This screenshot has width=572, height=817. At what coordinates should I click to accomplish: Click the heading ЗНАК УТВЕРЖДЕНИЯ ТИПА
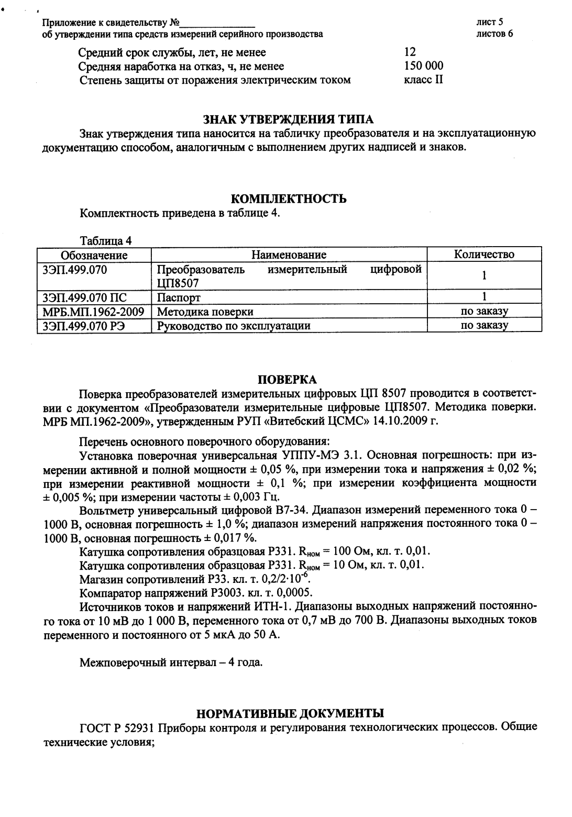click(x=288, y=120)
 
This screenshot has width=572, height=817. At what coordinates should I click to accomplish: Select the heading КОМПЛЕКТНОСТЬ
click(x=289, y=199)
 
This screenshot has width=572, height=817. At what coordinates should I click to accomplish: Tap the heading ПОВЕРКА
click(x=288, y=379)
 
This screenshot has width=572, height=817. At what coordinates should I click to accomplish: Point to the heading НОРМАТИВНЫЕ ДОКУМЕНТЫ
click(x=290, y=713)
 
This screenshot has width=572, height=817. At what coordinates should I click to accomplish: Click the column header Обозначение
click(x=94, y=255)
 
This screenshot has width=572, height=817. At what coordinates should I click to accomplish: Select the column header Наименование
click(x=289, y=255)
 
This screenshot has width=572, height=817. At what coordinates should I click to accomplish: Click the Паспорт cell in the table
click(x=179, y=297)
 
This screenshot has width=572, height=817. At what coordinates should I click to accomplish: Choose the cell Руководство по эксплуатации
click(x=234, y=326)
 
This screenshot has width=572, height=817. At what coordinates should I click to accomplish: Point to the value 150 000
click(x=424, y=66)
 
